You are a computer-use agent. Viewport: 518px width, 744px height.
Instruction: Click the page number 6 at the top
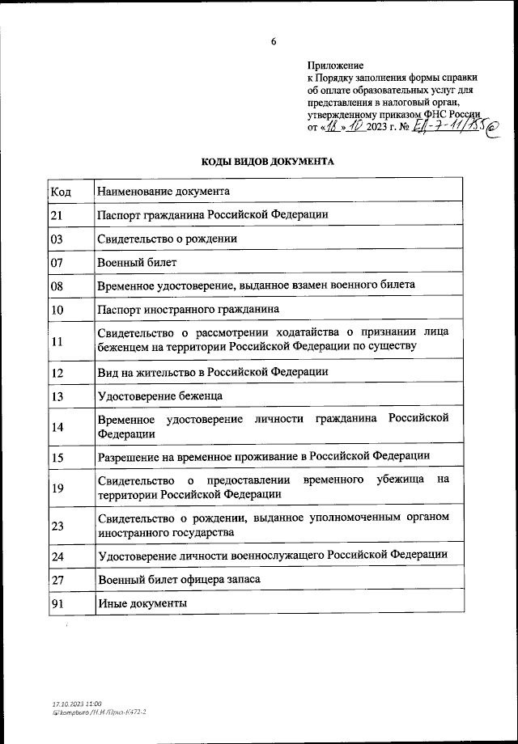(274, 41)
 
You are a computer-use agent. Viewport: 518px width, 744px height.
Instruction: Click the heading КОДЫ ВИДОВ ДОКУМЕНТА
(267, 162)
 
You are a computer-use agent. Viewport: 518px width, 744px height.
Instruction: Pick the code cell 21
(57, 215)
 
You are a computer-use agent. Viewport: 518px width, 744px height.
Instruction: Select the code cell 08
(57, 286)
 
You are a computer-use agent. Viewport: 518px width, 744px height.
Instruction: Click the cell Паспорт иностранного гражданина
(188, 310)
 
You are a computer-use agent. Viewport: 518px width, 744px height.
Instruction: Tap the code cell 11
(57, 340)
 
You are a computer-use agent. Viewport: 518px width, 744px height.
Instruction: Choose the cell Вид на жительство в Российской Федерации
(212, 372)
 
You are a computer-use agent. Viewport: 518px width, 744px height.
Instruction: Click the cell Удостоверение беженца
(159, 395)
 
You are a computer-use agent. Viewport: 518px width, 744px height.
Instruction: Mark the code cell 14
(57, 426)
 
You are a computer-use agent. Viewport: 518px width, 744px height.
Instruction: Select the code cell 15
(57, 457)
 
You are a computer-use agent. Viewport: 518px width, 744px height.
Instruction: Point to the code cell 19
(57, 487)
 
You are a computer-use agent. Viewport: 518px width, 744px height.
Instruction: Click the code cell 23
(57, 526)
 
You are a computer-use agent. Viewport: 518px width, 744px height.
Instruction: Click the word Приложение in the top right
(335, 66)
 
